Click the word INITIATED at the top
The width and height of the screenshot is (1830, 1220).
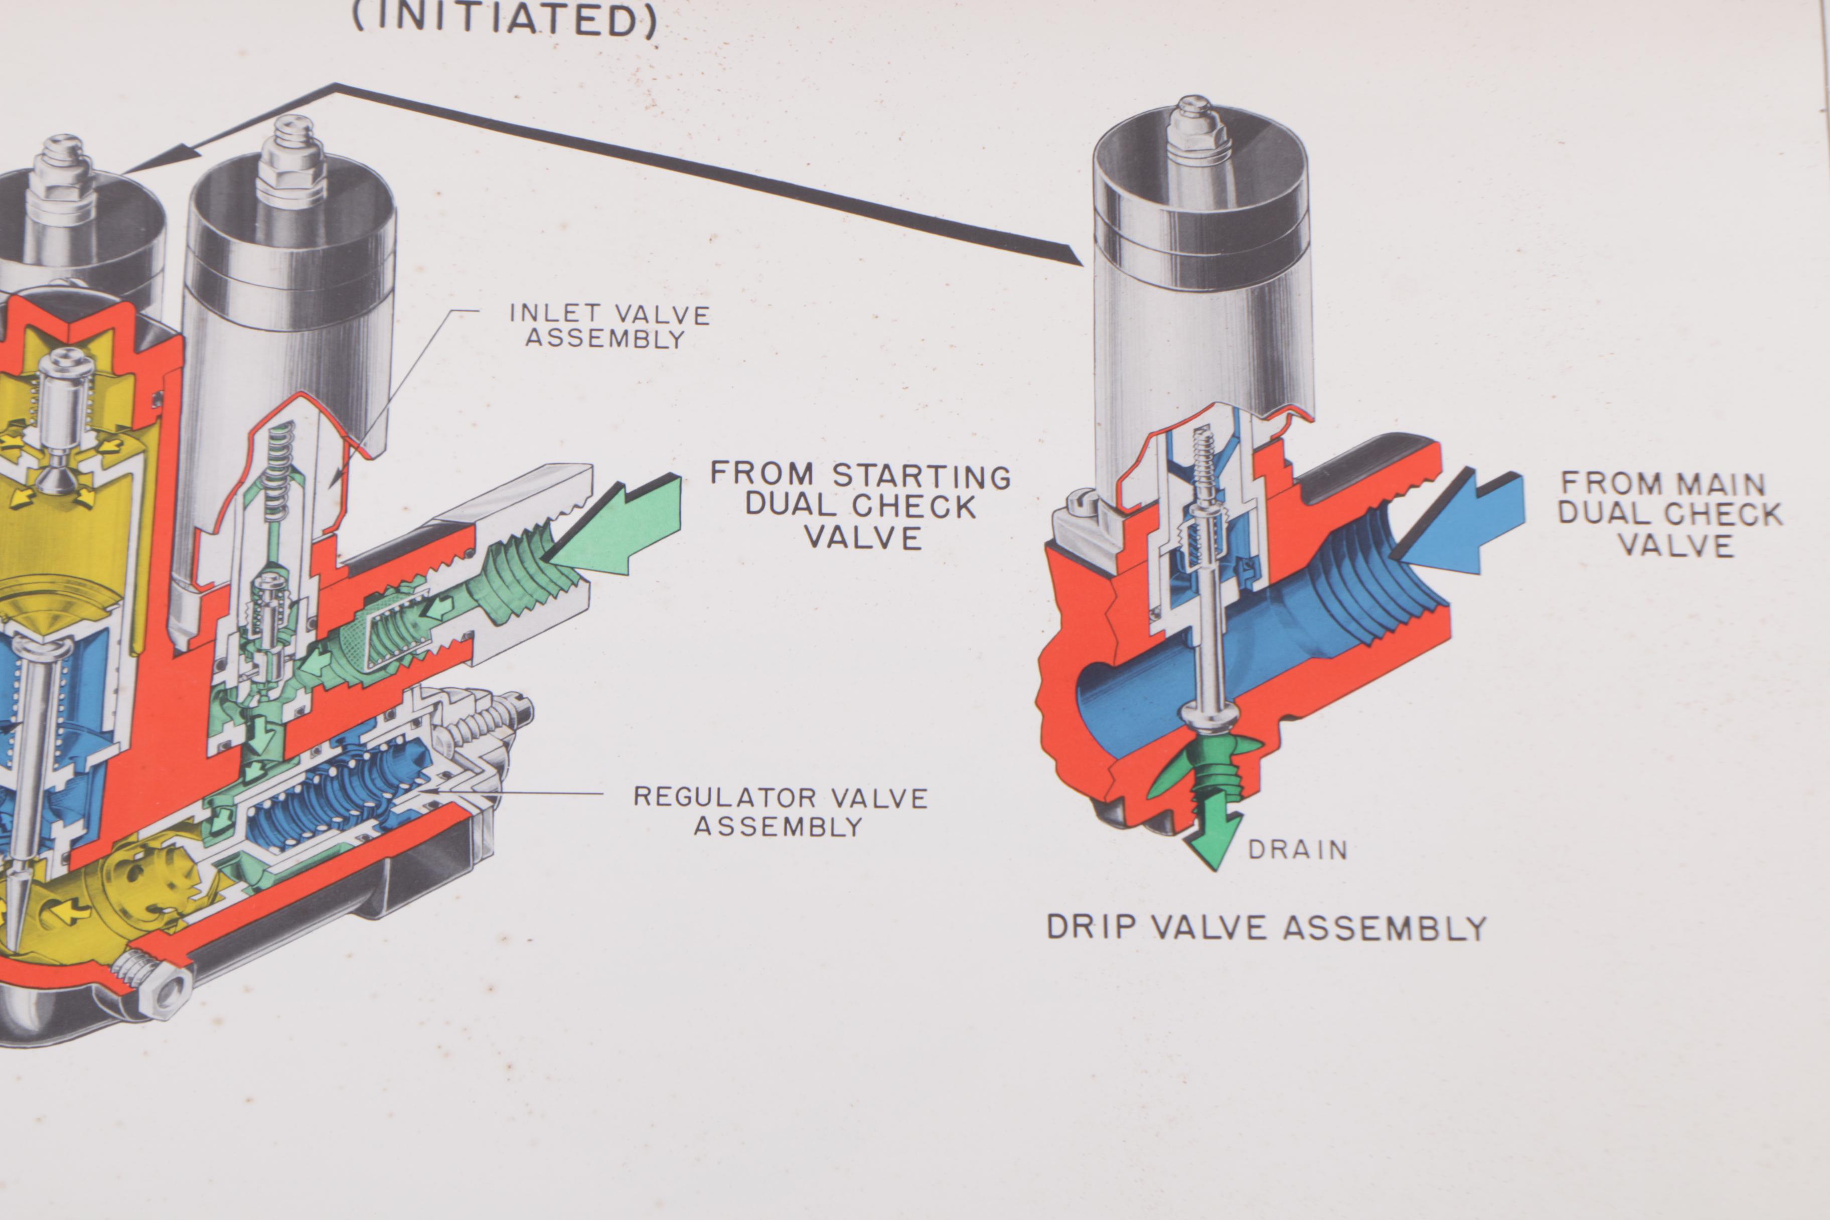(x=504, y=20)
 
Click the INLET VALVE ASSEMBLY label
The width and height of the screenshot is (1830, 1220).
(x=609, y=326)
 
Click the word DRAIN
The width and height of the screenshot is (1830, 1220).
(x=1297, y=850)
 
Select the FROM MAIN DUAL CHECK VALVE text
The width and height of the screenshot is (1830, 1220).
(x=1669, y=514)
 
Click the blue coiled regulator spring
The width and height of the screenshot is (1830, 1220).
(x=342, y=786)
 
